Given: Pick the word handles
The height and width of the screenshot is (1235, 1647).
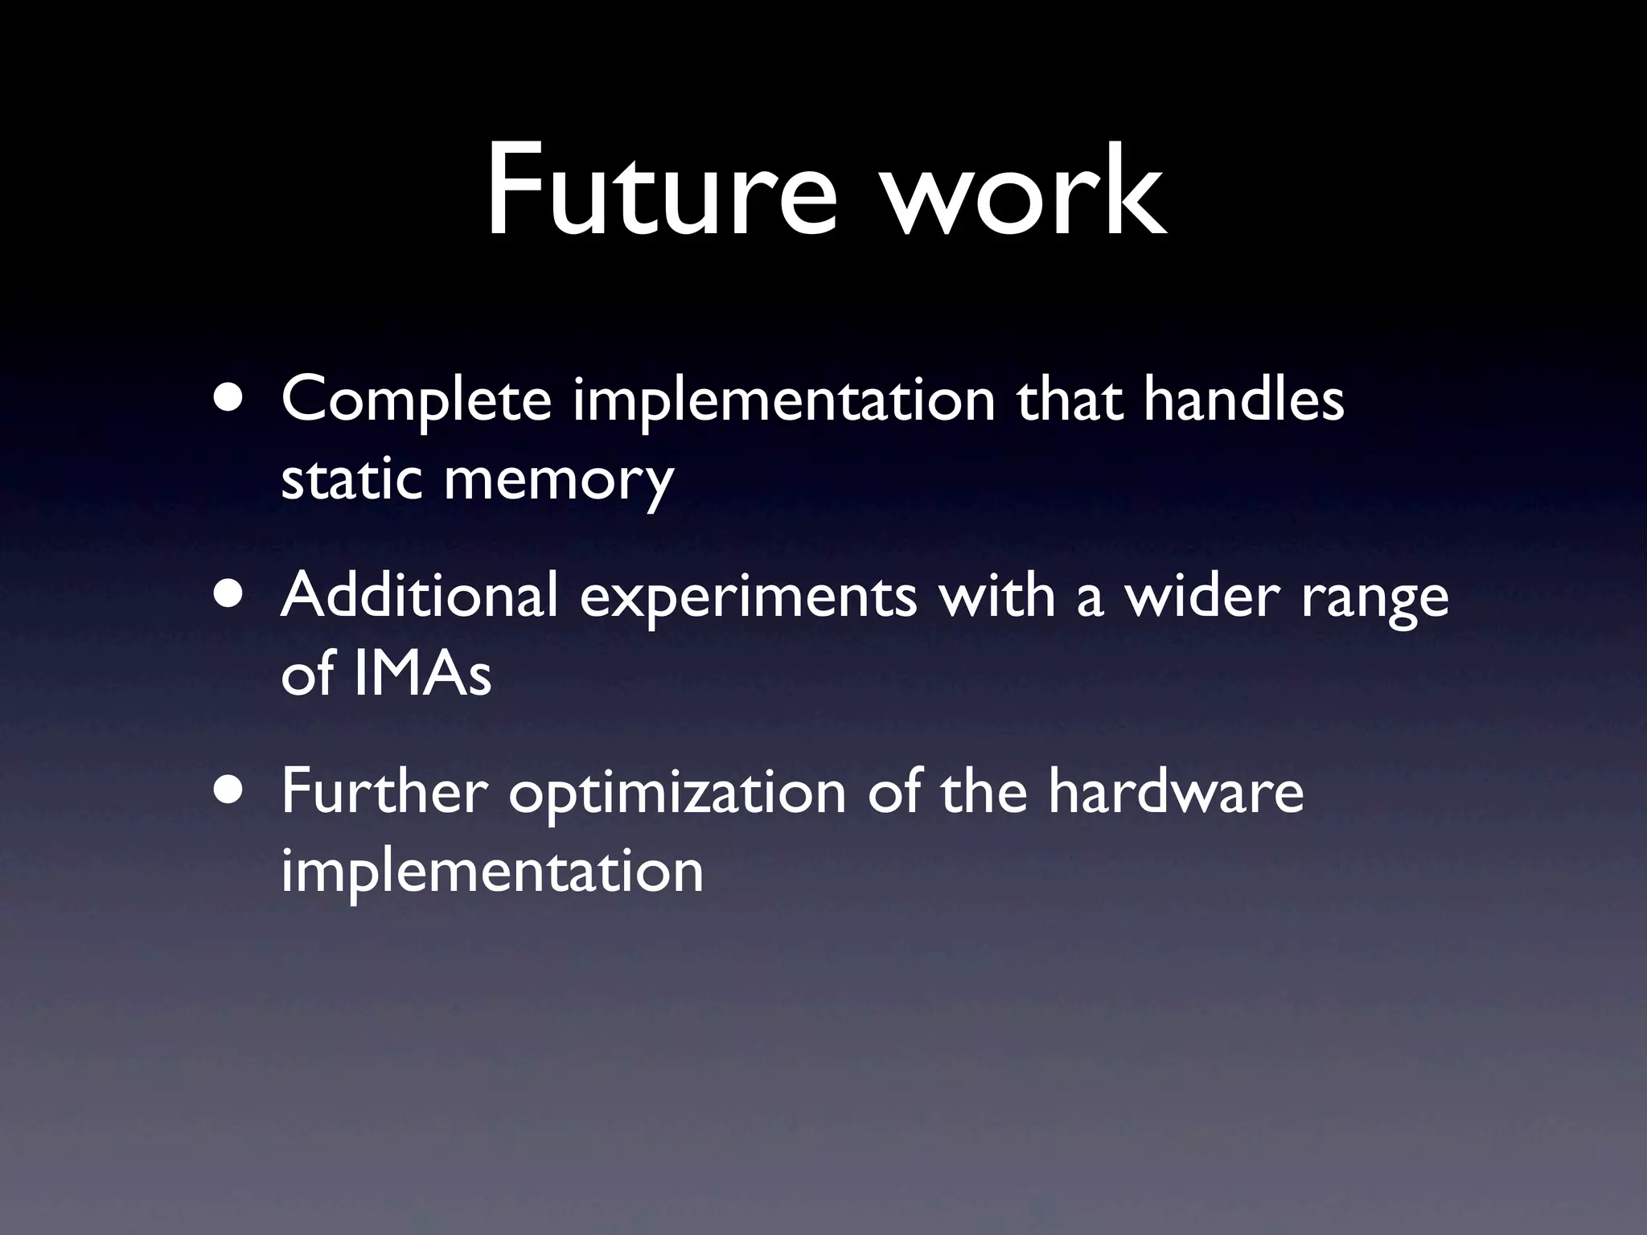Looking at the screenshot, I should pos(1243,399).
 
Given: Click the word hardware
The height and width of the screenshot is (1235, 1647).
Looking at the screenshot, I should pos(1175,791).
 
